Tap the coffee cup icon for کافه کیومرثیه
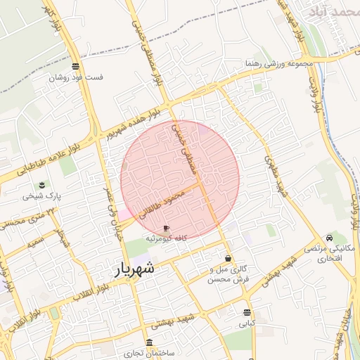166,229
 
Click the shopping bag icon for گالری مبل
228,259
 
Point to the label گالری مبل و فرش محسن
229,274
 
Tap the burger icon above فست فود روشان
75,67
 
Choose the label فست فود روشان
75,77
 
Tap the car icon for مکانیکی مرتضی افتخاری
330,238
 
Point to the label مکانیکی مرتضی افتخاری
329,255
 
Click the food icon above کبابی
246,313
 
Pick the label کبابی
246,324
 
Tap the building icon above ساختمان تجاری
149,342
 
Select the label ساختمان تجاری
149,352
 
